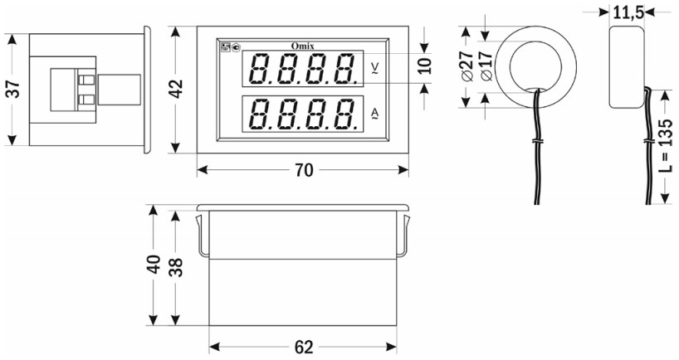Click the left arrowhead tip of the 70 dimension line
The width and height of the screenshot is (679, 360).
coord(198,170)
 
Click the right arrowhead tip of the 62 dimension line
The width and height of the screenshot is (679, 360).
coord(397,347)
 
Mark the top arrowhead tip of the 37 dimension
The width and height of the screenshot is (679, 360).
coord(12,34)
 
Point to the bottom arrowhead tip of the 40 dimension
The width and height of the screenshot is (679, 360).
coord(153,325)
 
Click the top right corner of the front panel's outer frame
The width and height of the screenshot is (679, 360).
coord(408,27)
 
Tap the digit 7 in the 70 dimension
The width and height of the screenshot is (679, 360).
coord(299,171)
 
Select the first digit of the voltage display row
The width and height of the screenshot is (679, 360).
coord(257,69)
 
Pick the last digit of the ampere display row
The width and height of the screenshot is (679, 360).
coord(347,114)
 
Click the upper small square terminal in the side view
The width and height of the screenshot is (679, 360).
coord(87,80)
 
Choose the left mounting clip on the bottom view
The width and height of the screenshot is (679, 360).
coord(203,236)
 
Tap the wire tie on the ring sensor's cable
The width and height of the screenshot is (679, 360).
coord(536,141)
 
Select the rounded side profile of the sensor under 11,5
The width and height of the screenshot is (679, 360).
coord(627,66)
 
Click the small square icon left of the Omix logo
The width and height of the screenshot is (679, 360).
coord(225,46)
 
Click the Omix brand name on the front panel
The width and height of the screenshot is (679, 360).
coord(302,46)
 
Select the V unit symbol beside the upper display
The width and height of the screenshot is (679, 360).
coord(375,68)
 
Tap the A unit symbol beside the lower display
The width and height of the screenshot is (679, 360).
coord(375,114)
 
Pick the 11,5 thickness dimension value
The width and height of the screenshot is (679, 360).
coord(627,13)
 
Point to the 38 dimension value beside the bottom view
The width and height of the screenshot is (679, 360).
coord(176,267)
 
